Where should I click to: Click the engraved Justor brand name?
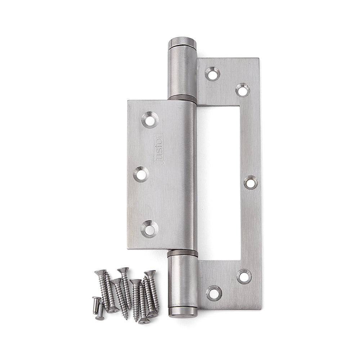159,149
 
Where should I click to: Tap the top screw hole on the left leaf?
150,120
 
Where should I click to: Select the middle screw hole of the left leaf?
141,175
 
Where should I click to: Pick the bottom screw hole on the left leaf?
149,228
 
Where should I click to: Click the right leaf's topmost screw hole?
212,74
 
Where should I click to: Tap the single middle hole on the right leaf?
251,182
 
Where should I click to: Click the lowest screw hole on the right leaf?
214,293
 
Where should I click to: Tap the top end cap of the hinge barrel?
183,41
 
